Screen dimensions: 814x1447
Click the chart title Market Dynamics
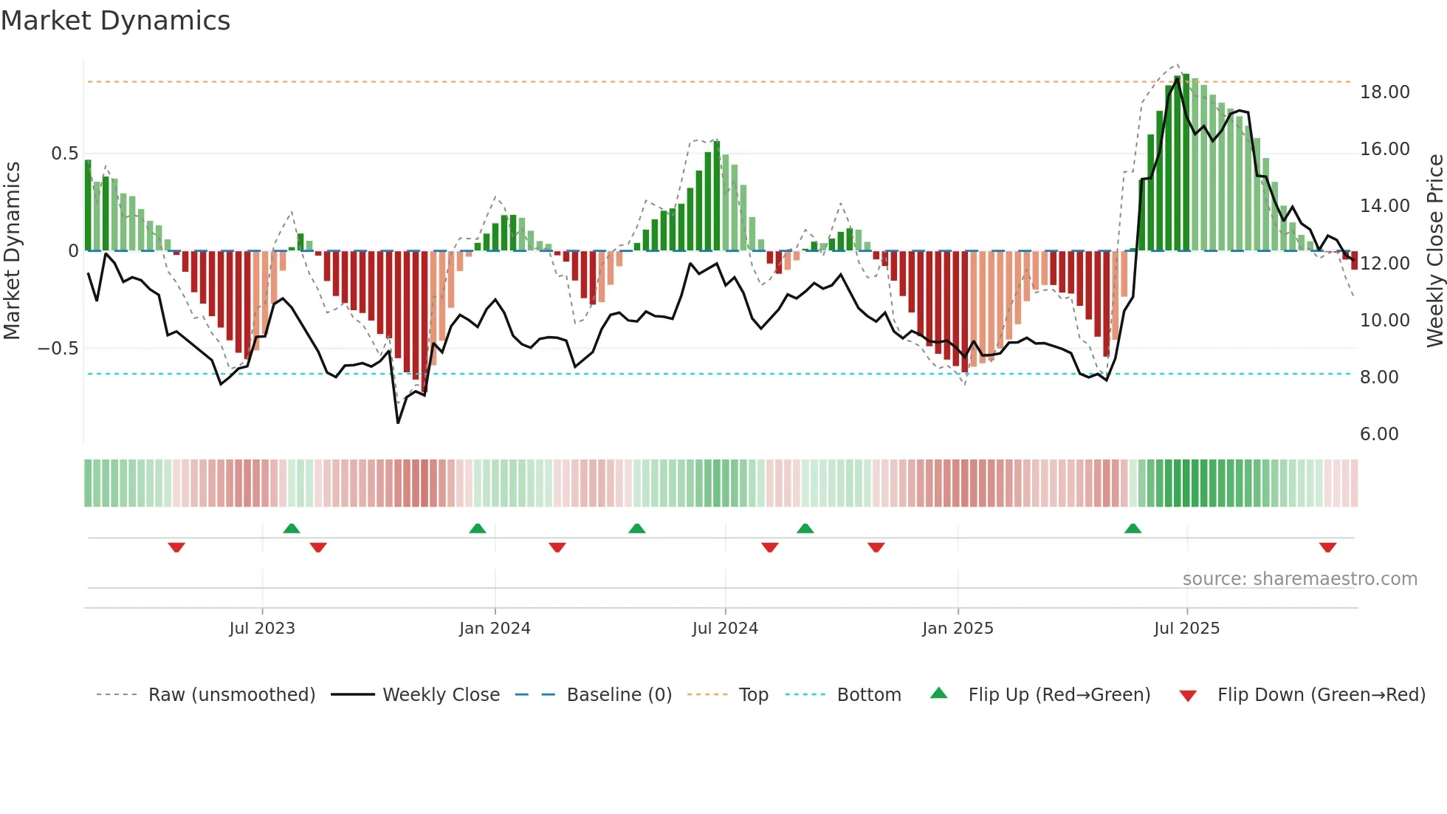click(115, 21)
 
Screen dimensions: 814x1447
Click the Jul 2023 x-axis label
click(261, 629)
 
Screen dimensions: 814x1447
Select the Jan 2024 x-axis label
click(495, 629)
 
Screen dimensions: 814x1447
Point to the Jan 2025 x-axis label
click(958, 629)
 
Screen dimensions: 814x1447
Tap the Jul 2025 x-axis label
click(1186, 629)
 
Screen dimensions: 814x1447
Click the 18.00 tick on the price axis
click(1384, 92)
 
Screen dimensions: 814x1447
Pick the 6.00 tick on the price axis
click(1379, 434)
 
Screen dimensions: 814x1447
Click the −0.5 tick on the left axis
click(58, 349)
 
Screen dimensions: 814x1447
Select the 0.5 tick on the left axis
click(64, 154)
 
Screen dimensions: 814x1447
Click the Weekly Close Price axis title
click(1434, 251)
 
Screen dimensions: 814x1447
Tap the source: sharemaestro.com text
click(1299, 579)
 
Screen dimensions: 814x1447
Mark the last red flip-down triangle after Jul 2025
click(1327, 547)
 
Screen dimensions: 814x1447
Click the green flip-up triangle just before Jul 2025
click(1132, 528)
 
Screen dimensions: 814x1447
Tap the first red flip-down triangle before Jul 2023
click(176, 547)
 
